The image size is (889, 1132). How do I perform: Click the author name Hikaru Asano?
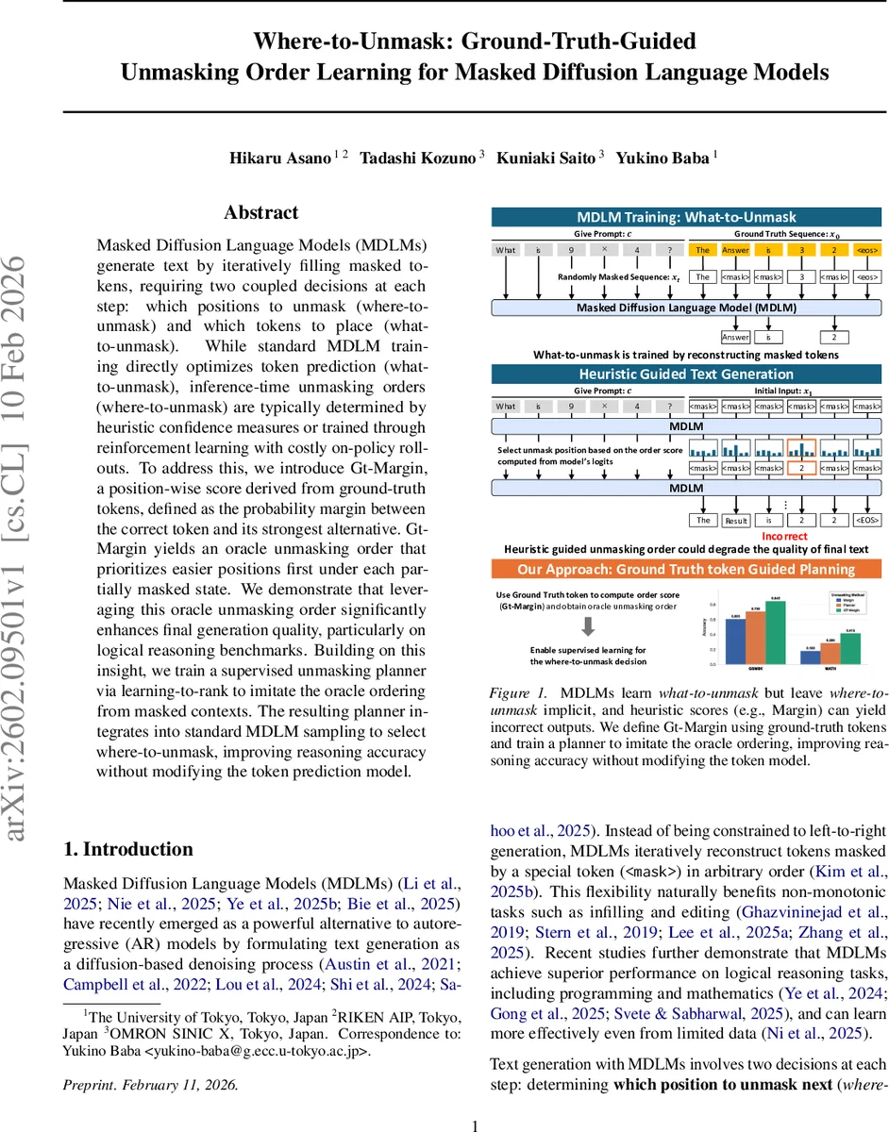click(x=280, y=158)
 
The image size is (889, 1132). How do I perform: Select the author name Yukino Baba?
click(x=661, y=158)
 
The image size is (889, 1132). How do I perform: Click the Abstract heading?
click(x=261, y=213)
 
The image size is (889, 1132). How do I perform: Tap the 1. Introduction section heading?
click(x=128, y=849)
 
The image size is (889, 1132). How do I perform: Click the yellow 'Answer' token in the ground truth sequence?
click(x=735, y=250)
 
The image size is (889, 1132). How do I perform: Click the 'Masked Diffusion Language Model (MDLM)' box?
click(x=687, y=308)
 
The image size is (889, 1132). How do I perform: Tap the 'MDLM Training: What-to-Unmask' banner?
click(x=687, y=215)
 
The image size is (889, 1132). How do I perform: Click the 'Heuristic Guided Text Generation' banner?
click(x=687, y=374)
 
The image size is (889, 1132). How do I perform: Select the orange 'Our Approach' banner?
click(x=687, y=569)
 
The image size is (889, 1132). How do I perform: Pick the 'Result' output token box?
click(x=735, y=520)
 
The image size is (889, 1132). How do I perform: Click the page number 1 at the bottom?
click(x=475, y=1124)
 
